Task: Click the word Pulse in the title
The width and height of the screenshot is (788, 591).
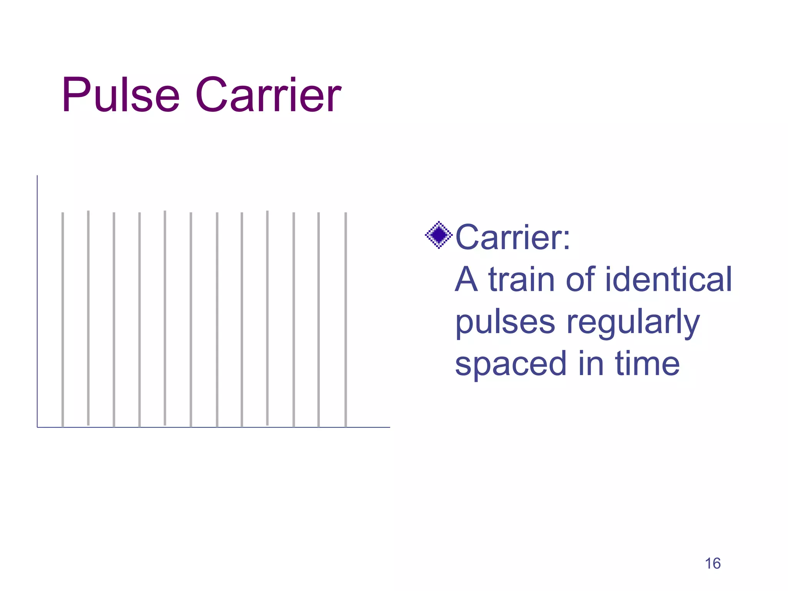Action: [x=120, y=95]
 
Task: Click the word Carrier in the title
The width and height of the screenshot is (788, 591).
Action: [x=268, y=95]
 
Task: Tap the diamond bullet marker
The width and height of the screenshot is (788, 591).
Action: [x=438, y=235]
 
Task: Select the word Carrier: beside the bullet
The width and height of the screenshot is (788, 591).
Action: [x=513, y=237]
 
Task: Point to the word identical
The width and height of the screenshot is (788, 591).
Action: [x=668, y=279]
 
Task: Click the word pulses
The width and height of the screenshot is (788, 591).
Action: [x=505, y=322]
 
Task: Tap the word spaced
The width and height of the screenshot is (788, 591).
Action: [x=511, y=364]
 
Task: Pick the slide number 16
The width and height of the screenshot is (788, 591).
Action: [x=713, y=564]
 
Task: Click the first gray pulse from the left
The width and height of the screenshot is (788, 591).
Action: [x=63, y=319]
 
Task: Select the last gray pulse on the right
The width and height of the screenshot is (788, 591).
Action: [x=346, y=319]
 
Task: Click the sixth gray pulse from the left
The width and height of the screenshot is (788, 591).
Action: [x=191, y=319]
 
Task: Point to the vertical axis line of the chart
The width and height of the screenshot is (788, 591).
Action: [x=37, y=300]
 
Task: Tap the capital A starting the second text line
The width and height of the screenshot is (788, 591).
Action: [x=466, y=279]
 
